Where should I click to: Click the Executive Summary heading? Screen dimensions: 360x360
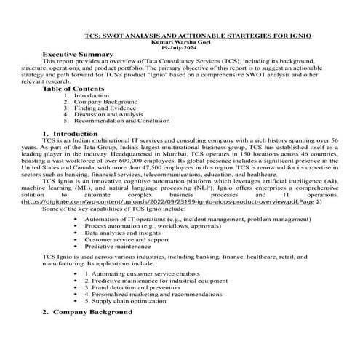tap(78, 55)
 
